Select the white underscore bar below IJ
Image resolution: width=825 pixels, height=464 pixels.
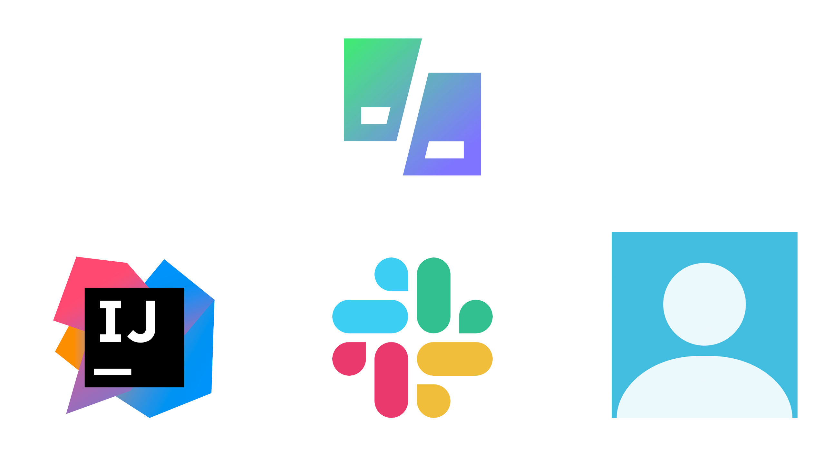pyautogui.click(x=112, y=372)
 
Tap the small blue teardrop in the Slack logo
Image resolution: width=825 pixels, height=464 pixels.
pyautogui.click(x=391, y=274)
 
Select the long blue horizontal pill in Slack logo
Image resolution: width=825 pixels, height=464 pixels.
pyautogui.click(x=370, y=316)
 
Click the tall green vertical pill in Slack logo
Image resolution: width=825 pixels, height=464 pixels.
pyautogui.click(x=433, y=295)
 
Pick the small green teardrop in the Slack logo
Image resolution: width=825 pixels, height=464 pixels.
pyautogui.click(x=476, y=316)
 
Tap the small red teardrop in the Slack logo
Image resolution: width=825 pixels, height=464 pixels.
pyautogui.click(x=349, y=359)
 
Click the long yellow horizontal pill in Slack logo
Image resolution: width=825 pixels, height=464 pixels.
pyautogui.click(x=454, y=359)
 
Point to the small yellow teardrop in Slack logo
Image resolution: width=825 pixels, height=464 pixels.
pyautogui.click(x=433, y=401)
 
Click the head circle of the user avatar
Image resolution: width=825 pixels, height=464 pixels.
pyautogui.click(x=704, y=304)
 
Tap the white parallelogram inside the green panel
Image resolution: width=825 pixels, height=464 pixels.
pyautogui.click(x=375, y=115)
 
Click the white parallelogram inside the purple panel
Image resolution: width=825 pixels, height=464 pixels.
pyautogui.click(x=445, y=150)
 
